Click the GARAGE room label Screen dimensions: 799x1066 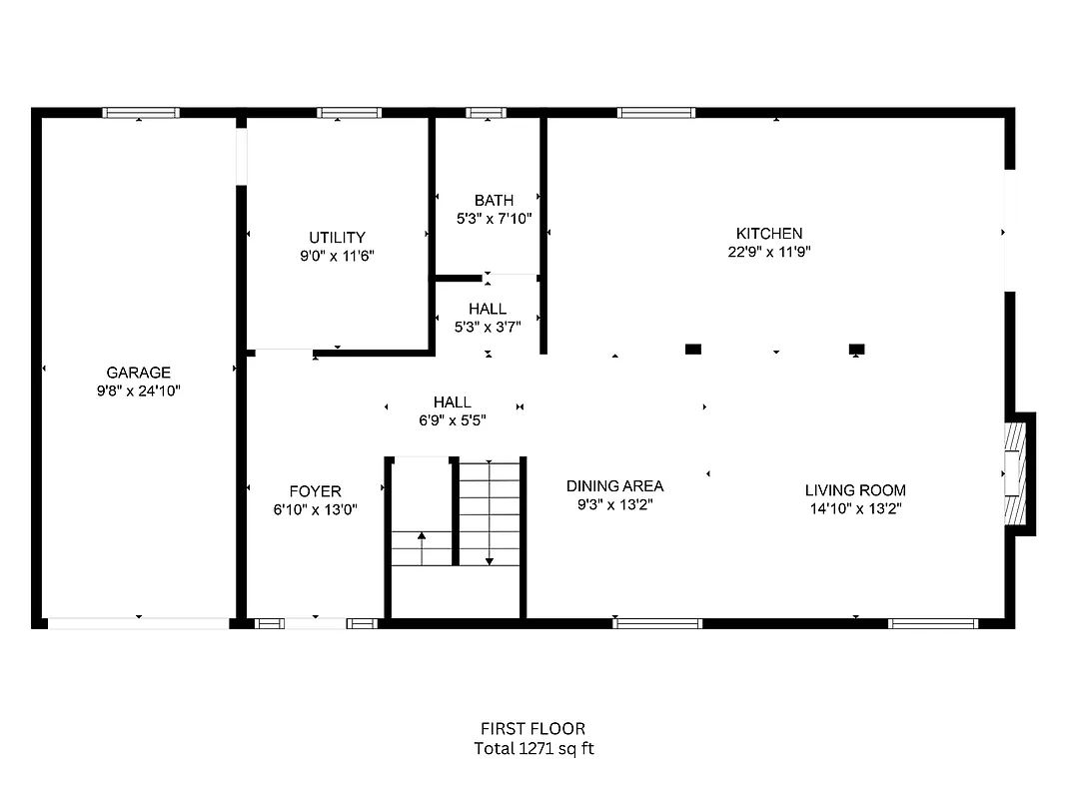(138, 373)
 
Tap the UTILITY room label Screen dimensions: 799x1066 (337, 237)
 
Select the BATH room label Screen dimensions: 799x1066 (494, 200)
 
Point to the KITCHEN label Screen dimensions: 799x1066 (768, 234)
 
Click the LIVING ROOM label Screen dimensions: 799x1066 (855, 489)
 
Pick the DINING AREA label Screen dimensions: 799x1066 (614, 485)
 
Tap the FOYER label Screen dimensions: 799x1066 (315, 490)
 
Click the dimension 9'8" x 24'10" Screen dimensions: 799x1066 (138, 391)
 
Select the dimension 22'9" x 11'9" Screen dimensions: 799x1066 (768, 252)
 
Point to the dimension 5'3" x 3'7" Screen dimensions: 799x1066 (488, 326)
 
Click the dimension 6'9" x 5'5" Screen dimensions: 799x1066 (453, 420)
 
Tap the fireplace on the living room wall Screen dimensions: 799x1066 (1015, 473)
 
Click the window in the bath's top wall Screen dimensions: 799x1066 (487, 112)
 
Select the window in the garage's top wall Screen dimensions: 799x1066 (142, 112)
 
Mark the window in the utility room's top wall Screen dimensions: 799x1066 (349, 112)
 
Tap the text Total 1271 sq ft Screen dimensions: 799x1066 (533, 748)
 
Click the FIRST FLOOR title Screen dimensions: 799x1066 (533, 729)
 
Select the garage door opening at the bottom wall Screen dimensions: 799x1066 (139, 623)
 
